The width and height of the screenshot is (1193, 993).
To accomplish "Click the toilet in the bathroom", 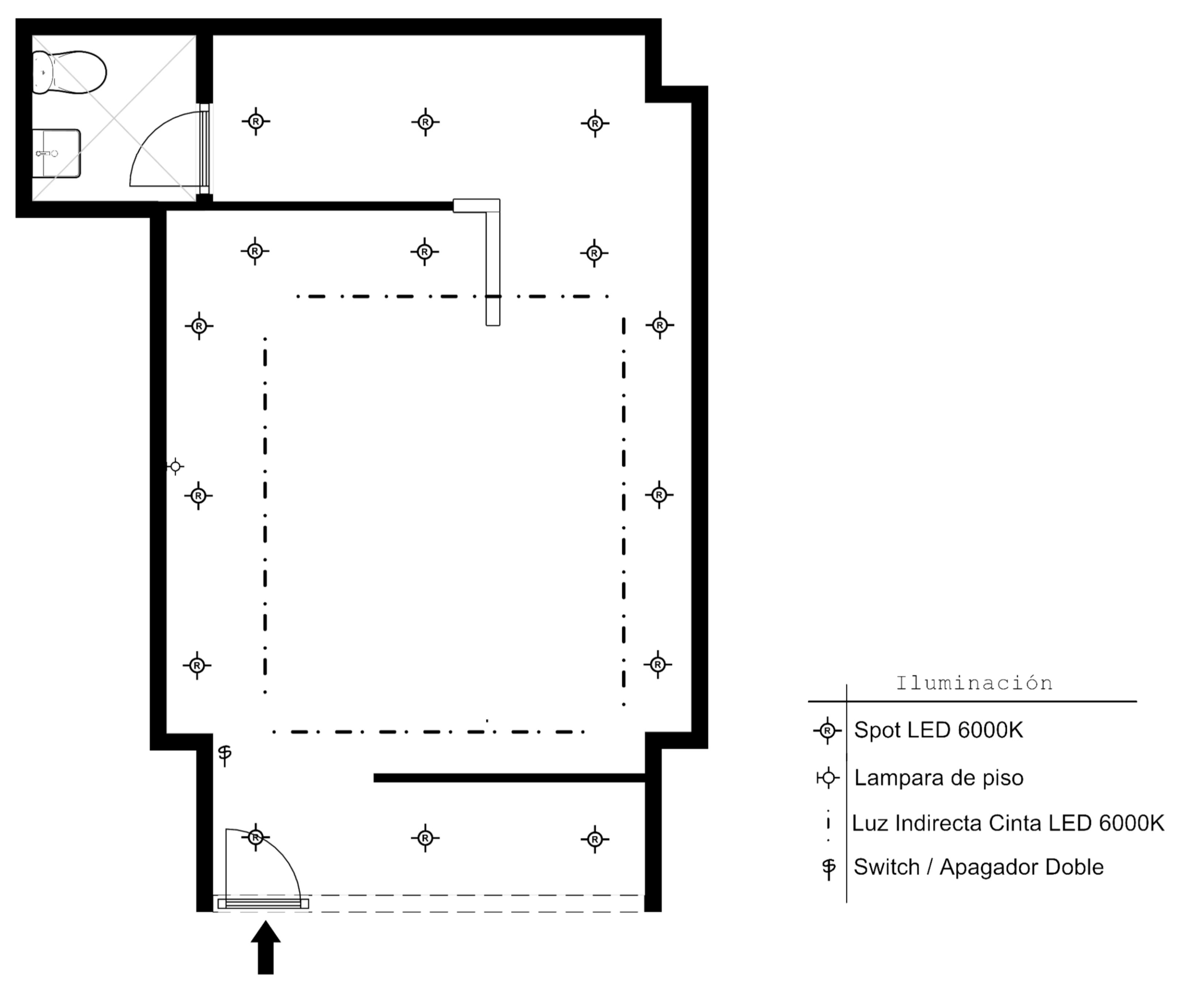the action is (x=68, y=72).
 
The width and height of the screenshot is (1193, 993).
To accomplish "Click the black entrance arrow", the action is (x=266, y=948).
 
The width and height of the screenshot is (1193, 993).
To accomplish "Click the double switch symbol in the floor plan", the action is (x=225, y=755).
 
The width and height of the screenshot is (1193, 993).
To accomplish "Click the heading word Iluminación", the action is (x=974, y=682).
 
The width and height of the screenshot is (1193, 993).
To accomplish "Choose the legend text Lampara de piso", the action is (x=939, y=778).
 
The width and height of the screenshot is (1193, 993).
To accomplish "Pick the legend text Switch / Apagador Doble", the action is (x=979, y=867).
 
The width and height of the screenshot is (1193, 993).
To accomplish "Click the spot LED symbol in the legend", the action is (x=828, y=730).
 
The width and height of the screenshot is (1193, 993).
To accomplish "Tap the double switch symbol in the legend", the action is (x=829, y=868).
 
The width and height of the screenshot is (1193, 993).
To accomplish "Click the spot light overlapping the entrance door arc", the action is (x=256, y=837).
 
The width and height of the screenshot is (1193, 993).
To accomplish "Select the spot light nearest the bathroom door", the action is (x=256, y=121).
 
